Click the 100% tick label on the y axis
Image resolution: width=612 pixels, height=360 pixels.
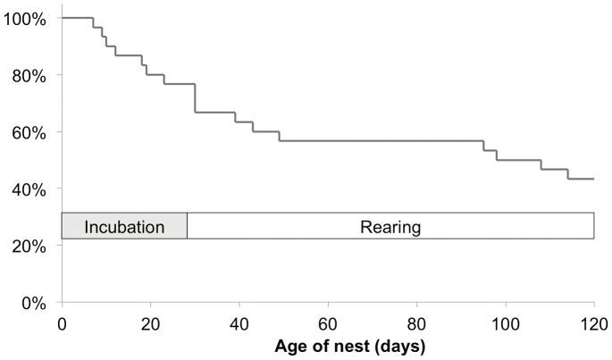(27, 18)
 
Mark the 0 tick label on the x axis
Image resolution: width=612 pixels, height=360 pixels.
(61, 322)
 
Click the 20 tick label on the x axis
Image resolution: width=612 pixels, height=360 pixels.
(150, 322)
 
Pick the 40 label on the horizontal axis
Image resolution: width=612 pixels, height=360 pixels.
(239, 322)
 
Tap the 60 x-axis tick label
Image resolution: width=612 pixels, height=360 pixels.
(328, 322)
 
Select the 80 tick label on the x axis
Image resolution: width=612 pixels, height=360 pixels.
(416, 322)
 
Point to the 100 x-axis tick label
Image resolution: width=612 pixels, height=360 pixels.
(505, 322)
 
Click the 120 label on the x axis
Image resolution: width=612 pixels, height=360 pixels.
(593, 322)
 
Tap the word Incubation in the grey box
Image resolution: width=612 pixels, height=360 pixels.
(124, 227)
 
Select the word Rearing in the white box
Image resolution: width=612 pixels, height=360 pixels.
(390, 227)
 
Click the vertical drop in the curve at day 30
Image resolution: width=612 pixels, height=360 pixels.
(195, 98)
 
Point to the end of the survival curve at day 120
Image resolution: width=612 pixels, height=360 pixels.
(593, 179)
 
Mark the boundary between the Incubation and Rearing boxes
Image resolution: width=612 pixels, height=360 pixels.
(187, 226)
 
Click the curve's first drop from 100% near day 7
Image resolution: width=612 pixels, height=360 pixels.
(93, 22)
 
